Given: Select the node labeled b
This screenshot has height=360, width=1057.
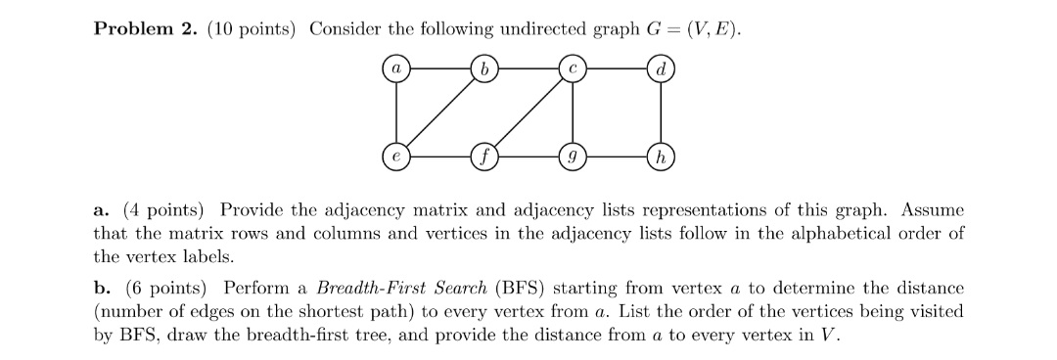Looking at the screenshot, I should [x=483, y=68].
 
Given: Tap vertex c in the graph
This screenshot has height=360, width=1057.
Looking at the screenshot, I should [x=573, y=68].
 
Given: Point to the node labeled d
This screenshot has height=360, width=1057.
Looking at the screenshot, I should [x=662, y=68].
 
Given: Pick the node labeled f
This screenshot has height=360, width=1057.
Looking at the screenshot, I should [x=483, y=157].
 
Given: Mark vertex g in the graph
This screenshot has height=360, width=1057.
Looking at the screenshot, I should [x=573, y=157].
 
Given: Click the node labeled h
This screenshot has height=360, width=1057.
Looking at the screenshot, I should [x=662, y=157].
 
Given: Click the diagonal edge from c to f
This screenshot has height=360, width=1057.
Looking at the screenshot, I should [x=528, y=112].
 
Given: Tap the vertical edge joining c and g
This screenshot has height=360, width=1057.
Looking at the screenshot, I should [x=573, y=112].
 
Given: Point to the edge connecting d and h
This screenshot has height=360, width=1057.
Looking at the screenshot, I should [x=662, y=112].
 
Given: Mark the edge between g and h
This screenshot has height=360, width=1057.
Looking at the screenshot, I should [x=617, y=157].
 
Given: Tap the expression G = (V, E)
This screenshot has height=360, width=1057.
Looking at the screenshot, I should [x=693, y=29].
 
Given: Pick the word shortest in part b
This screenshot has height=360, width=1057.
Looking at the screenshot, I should [x=509, y=312].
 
